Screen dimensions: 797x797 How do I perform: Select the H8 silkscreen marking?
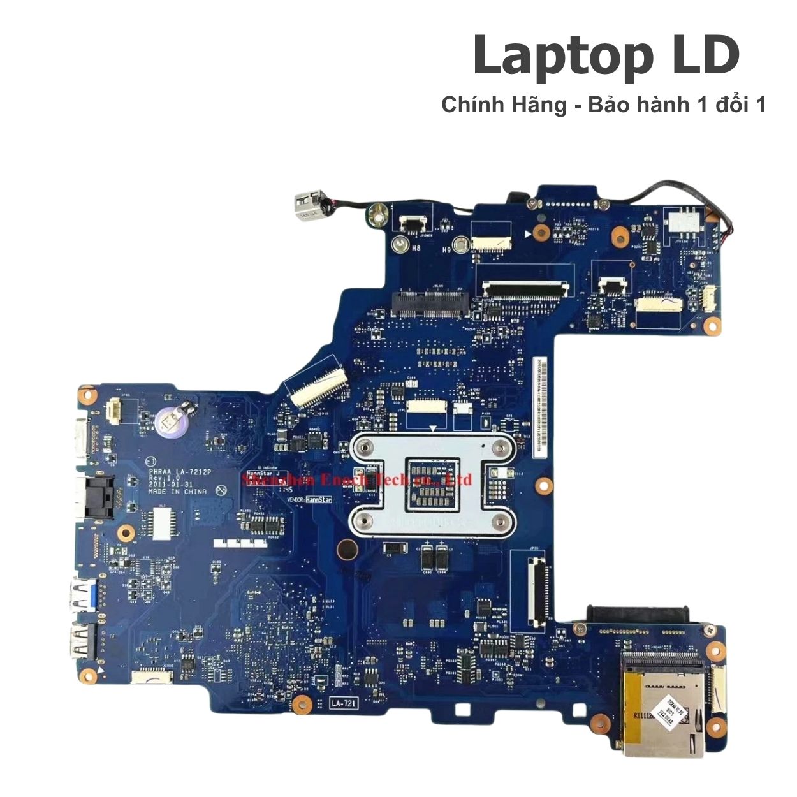tap(416, 249)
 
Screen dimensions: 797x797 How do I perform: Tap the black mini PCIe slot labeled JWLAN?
tap(429, 304)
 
